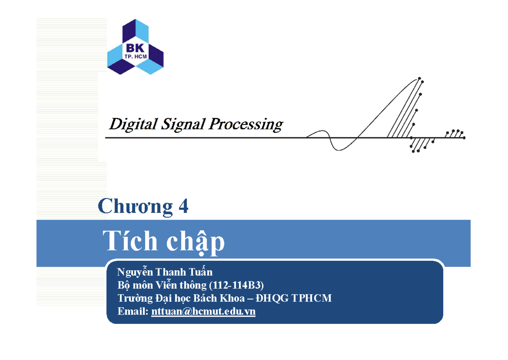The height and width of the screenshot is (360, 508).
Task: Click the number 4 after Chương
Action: (x=183, y=207)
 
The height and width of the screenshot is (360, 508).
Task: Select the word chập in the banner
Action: (x=195, y=243)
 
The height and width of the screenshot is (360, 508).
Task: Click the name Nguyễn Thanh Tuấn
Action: (x=165, y=272)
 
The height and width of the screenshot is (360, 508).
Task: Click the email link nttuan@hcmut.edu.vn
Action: (x=203, y=312)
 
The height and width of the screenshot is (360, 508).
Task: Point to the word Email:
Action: (x=133, y=312)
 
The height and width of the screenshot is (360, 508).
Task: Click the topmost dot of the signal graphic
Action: (x=419, y=78)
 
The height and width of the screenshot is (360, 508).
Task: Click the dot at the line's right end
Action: (x=464, y=138)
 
